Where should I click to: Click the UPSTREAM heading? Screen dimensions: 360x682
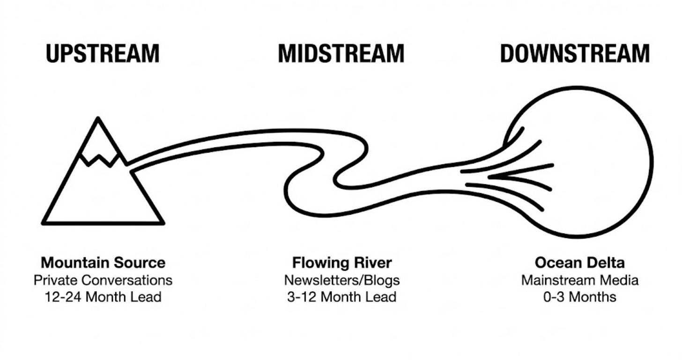pyautogui.click(x=103, y=54)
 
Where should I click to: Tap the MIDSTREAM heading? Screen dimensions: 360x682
pyautogui.click(x=341, y=54)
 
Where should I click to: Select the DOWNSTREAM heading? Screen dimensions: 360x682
pyautogui.click(x=575, y=54)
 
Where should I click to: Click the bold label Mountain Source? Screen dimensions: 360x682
pyautogui.click(x=103, y=263)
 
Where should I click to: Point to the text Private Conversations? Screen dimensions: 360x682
pyautogui.click(x=103, y=280)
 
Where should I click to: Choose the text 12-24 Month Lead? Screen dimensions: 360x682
pyautogui.click(x=103, y=297)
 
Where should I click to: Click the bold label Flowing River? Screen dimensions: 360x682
pyautogui.click(x=342, y=263)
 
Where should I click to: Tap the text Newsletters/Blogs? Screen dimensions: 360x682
pyautogui.click(x=342, y=280)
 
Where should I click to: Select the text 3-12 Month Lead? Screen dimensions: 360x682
pyautogui.click(x=342, y=297)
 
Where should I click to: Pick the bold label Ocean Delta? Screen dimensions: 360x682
pyautogui.click(x=579, y=263)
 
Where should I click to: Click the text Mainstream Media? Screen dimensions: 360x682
pyautogui.click(x=579, y=280)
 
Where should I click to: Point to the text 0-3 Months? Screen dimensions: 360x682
pyautogui.click(x=579, y=297)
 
